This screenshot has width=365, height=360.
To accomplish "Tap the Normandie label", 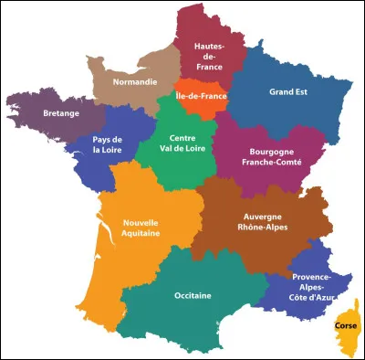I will pyautogui.click(x=133, y=79).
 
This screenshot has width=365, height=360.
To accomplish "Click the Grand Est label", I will pyautogui.click(x=288, y=91).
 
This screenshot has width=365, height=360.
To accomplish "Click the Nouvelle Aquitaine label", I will pyautogui.click(x=141, y=228).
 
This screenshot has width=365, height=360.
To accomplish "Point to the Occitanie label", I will pyautogui.click(x=193, y=295).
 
